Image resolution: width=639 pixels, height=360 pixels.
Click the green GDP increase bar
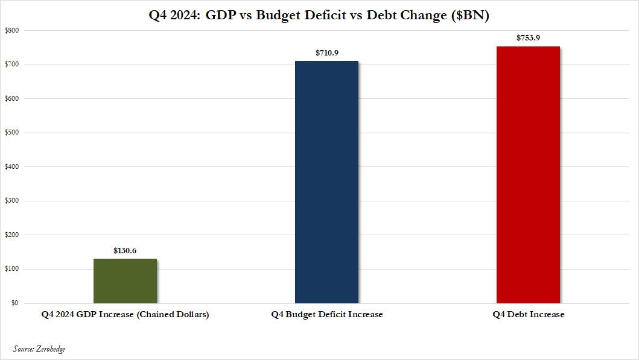tap(125, 280)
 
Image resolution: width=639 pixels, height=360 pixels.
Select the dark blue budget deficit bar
tap(326, 182)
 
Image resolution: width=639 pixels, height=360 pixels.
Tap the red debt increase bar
tap(528, 175)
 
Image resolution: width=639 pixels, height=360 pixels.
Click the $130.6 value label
tap(125, 250)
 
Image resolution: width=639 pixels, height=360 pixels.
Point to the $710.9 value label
tap(326, 52)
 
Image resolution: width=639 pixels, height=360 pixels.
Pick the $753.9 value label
tap(528, 38)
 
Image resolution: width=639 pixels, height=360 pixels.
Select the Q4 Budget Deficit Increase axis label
tap(326, 315)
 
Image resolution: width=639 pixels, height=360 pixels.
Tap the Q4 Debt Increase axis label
tap(528, 315)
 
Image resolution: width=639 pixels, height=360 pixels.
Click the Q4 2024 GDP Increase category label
tap(125, 315)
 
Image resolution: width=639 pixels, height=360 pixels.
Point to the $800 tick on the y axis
tap(12, 30)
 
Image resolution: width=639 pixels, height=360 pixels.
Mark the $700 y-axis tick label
tap(12, 65)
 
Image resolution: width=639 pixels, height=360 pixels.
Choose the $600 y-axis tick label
tap(12, 98)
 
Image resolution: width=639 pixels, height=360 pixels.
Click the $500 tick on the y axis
tap(12, 133)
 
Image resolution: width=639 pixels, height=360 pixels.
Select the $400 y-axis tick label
tap(12, 166)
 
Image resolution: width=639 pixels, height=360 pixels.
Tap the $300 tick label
tap(12, 201)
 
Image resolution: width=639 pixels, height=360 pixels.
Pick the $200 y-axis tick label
tap(12, 235)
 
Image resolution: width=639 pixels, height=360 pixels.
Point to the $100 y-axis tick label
tap(12, 269)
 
